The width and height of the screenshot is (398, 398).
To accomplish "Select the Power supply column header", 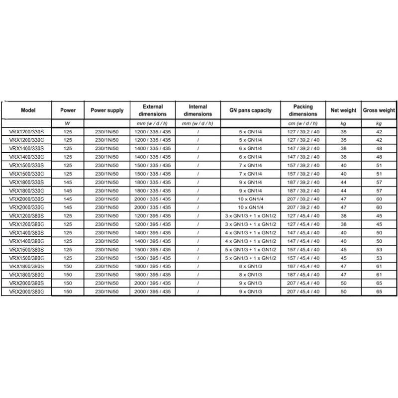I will click(107, 110).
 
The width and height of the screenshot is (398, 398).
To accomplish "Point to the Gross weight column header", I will click(379, 110).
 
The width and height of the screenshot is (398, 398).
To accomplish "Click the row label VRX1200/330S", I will click(26, 132).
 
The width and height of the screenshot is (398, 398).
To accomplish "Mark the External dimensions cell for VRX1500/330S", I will click(153, 165).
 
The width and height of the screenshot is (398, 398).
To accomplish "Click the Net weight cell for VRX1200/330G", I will click(343, 140).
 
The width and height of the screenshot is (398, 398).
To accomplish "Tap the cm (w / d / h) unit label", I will click(302, 122).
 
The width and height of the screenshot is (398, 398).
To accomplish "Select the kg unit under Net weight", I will click(343, 122).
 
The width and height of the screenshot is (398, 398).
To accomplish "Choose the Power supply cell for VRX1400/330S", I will click(107, 149).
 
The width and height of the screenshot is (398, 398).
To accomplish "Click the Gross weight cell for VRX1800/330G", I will click(379, 190).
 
